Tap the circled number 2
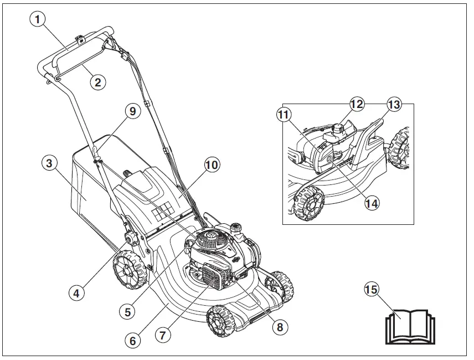tap(97, 83)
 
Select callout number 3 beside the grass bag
tap(50, 164)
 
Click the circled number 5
tap(127, 311)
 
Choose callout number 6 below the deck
tap(132, 340)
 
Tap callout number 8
tap(280, 327)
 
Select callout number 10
tap(212, 164)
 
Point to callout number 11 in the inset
tap(284, 115)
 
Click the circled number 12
tap(356, 104)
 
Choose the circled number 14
tap(372, 203)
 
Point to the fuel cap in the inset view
tap(339, 128)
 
